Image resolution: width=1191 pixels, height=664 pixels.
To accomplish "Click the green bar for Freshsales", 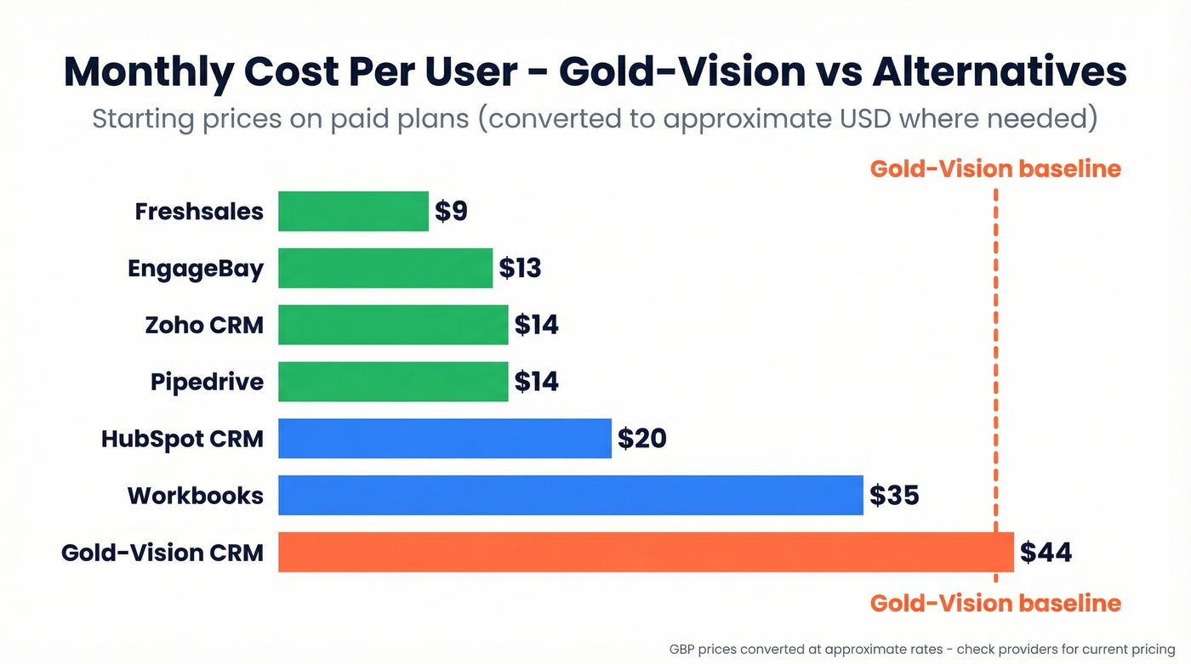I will click(x=353, y=211).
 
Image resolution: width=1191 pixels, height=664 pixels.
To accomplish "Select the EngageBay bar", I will click(x=385, y=268).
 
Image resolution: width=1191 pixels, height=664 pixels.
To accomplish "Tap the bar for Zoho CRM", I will click(x=393, y=325).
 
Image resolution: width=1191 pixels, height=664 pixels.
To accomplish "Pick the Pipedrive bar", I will click(x=393, y=382).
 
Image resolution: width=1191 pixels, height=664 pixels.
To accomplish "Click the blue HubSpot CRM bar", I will click(x=444, y=439).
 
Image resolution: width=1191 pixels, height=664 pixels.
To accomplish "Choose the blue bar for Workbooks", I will click(x=570, y=496).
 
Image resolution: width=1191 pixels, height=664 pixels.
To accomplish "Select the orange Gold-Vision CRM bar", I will click(x=646, y=553).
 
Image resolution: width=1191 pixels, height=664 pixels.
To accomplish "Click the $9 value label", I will click(x=451, y=211).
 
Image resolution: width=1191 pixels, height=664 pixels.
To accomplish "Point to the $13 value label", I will click(x=520, y=268).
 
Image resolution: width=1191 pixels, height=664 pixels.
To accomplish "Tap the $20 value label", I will click(x=641, y=439).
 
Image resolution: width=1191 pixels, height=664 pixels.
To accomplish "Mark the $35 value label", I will click(x=894, y=496).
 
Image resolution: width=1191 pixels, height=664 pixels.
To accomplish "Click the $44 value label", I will click(x=1046, y=553).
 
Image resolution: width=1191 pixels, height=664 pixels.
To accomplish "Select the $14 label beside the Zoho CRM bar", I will click(x=536, y=325).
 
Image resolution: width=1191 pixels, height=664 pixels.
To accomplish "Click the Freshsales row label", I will click(x=199, y=211).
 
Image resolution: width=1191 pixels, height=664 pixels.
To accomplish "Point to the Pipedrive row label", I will click(x=207, y=382).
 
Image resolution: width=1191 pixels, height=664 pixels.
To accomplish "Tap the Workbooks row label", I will click(x=196, y=496).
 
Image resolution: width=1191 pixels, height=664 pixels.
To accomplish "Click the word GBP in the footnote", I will click(x=683, y=649).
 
